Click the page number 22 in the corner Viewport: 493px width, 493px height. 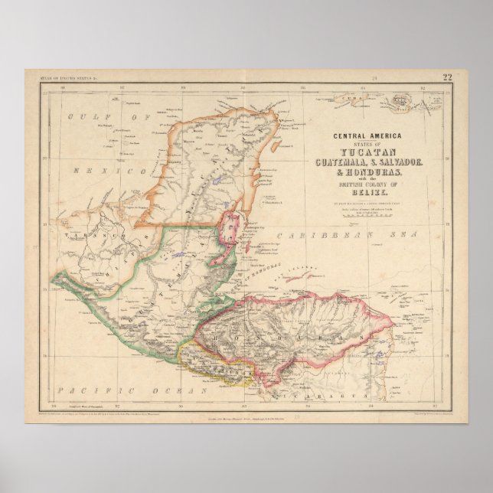447,77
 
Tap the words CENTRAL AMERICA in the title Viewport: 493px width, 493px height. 367,136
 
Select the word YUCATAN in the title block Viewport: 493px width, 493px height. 367,149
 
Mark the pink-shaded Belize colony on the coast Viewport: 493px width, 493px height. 228,233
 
